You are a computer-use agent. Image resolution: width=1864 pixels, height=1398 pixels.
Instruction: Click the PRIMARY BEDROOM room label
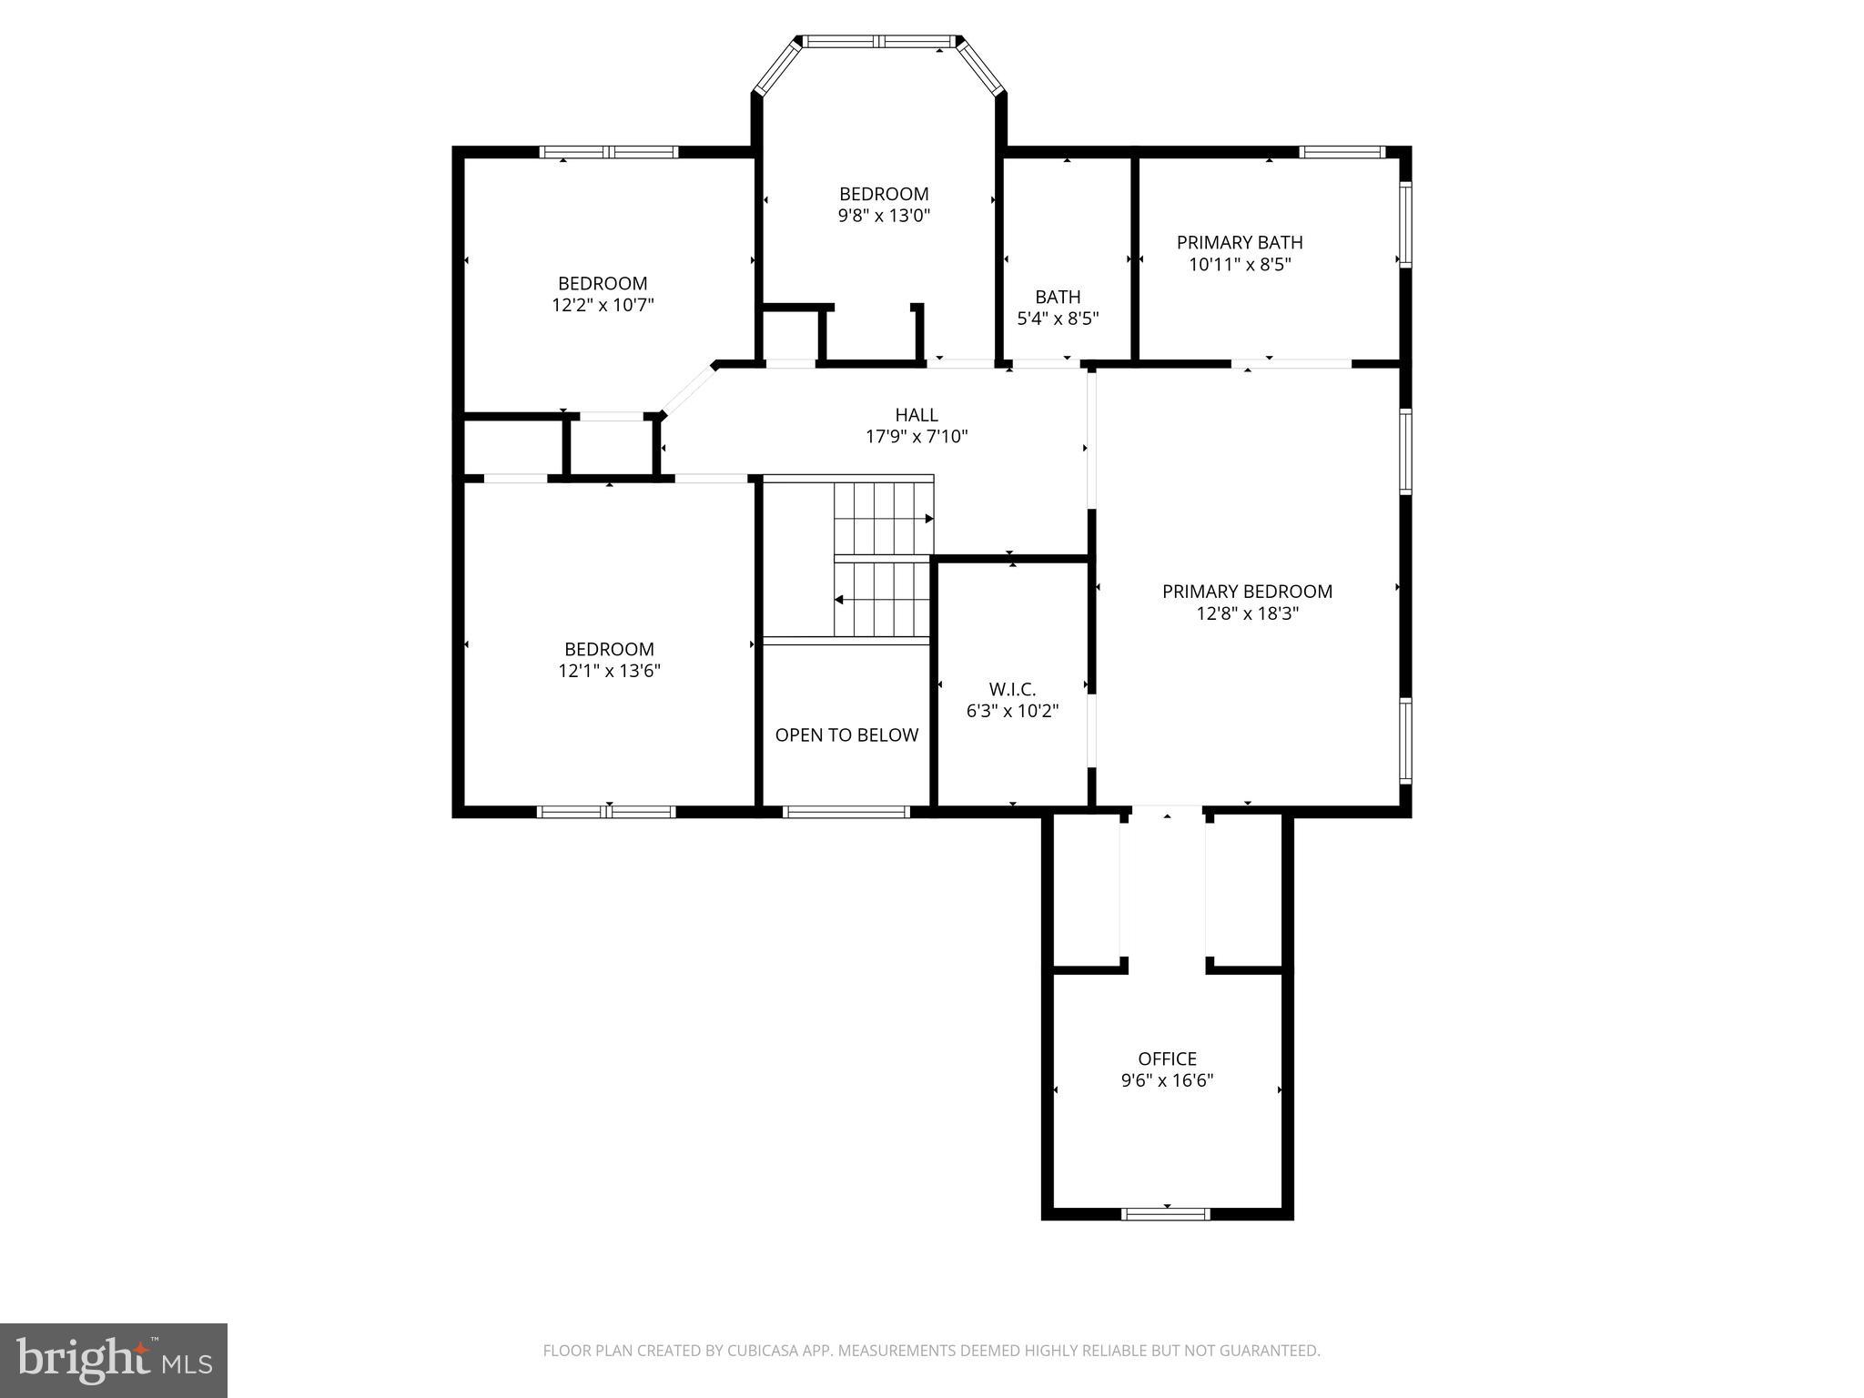point(1246,592)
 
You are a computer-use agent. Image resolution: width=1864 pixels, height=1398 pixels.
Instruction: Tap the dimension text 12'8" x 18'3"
point(1246,614)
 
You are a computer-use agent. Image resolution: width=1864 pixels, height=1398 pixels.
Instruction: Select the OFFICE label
point(1167,1059)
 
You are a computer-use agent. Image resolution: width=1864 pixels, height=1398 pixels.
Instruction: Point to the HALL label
point(916,415)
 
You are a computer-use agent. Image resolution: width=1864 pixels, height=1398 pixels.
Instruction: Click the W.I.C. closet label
point(1012,689)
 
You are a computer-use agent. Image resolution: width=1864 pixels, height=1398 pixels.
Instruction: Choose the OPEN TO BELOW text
point(846,735)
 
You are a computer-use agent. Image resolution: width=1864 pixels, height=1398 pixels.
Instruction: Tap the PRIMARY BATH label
point(1239,242)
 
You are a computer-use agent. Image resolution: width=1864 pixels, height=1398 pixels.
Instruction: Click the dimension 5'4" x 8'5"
point(1058,319)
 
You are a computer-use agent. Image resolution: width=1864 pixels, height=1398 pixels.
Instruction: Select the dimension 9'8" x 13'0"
point(884,217)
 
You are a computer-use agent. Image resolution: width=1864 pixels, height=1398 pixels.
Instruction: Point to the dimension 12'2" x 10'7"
point(603,305)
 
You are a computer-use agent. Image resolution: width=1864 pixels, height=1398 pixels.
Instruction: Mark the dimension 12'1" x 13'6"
point(609,672)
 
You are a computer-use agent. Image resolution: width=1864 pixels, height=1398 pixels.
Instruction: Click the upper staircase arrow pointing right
point(928,519)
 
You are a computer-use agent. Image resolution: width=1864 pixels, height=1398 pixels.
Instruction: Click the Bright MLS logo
point(114,1360)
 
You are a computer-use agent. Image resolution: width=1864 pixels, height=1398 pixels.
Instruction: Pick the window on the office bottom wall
point(1166,1213)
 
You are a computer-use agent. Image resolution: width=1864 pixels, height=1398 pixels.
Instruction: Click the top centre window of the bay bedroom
point(881,41)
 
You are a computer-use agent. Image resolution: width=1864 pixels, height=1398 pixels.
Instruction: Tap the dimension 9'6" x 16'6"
point(1167,1081)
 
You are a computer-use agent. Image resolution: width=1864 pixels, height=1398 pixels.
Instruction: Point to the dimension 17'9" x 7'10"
point(916,438)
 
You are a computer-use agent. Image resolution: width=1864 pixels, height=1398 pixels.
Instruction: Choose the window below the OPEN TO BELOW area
point(846,812)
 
